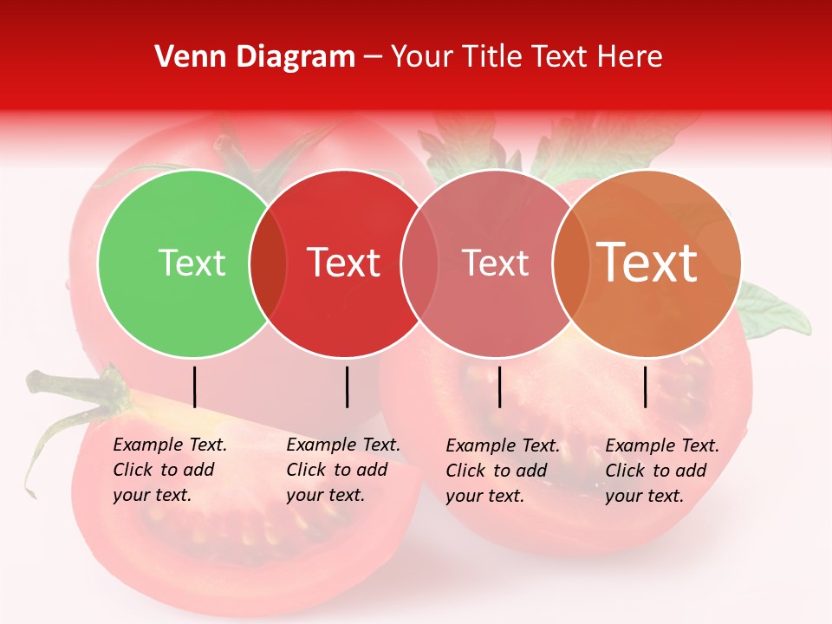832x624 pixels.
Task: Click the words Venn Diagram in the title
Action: [x=255, y=57]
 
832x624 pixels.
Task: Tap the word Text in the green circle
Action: [x=192, y=263]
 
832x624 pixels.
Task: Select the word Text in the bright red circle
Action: [x=343, y=263]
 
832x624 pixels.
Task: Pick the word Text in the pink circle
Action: [x=495, y=263]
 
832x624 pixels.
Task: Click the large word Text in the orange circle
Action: [x=647, y=263]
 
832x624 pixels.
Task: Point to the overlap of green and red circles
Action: [x=268, y=263]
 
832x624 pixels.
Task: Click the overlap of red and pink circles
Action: [x=419, y=263]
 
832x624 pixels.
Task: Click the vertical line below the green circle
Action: [x=195, y=387]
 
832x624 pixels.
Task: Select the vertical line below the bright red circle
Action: [x=347, y=387]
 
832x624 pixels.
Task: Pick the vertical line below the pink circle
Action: [x=499, y=387]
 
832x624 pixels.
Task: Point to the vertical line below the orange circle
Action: [x=646, y=387]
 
